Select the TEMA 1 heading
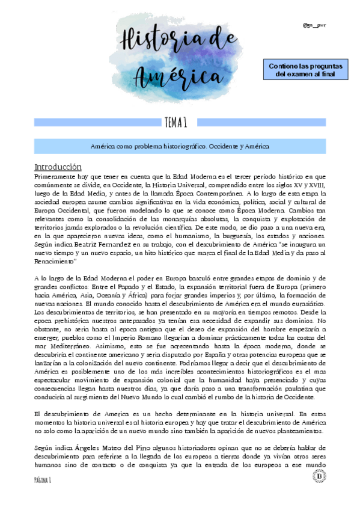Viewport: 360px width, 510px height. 180,123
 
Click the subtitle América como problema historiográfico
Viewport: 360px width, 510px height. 180,146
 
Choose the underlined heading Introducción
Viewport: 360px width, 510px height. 58,166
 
